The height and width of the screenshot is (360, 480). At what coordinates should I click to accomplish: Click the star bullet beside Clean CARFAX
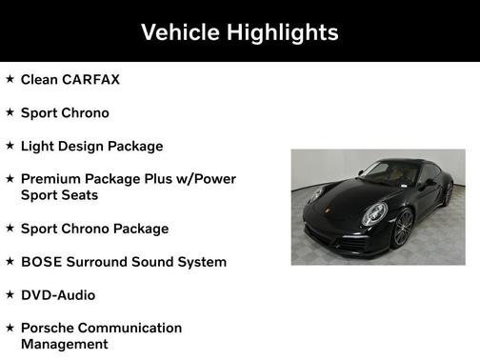10,79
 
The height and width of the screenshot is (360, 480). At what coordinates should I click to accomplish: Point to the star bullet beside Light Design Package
10,146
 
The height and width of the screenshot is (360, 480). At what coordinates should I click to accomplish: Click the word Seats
79,195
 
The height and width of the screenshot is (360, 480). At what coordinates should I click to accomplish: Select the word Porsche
50,329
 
